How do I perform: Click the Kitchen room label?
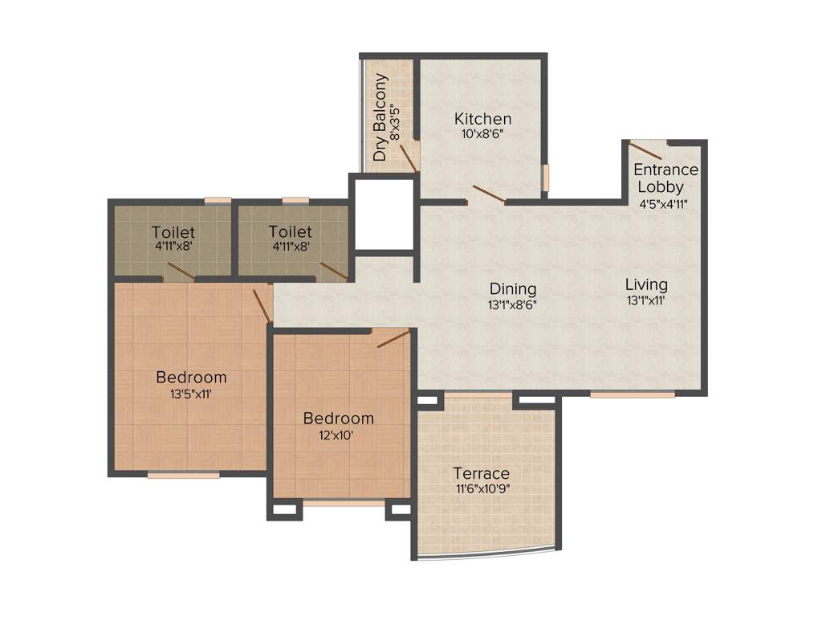click(x=482, y=119)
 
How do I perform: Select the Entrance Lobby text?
click(x=665, y=178)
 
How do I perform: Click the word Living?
click(x=646, y=284)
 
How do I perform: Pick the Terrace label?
click(x=481, y=473)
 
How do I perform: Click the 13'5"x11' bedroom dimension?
click(x=191, y=394)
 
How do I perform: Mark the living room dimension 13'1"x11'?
click(x=646, y=300)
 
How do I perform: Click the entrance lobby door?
click(x=645, y=150)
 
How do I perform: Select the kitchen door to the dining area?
click(x=488, y=194)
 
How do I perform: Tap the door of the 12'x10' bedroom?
click(x=393, y=338)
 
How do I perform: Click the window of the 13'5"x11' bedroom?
click(x=183, y=475)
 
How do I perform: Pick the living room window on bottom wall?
click(x=632, y=394)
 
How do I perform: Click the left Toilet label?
click(x=173, y=233)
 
